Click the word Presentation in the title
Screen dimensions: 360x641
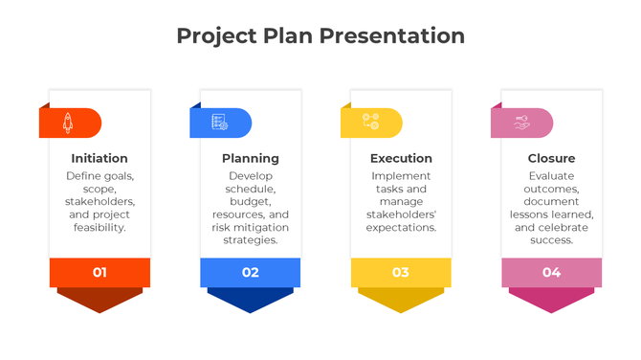click(391, 36)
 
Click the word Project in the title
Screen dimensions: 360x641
click(216, 36)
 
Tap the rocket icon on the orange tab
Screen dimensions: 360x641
click(68, 123)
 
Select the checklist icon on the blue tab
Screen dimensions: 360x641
click(219, 123)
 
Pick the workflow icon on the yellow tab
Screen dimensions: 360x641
click(370, 123)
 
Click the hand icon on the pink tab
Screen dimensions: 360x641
click(521, 123)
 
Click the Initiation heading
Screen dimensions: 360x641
click(99, 158)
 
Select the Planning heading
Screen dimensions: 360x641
click(251, 158)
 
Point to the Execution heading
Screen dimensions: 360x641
click(401, 158)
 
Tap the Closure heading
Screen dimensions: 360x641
click(552, 158)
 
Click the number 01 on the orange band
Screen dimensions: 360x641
click(99, 273)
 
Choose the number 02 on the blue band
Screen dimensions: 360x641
click(251, 273)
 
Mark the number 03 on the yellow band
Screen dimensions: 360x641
click(401, 273)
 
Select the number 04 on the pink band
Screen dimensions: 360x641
click(552, 273)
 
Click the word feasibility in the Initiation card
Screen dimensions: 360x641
click(99, 228)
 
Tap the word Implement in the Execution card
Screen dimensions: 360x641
click(401, 176)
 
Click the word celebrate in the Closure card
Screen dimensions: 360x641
click(566, 228)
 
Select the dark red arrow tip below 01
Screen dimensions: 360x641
click(99, 301)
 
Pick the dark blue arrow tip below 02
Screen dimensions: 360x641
click(251, 301)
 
